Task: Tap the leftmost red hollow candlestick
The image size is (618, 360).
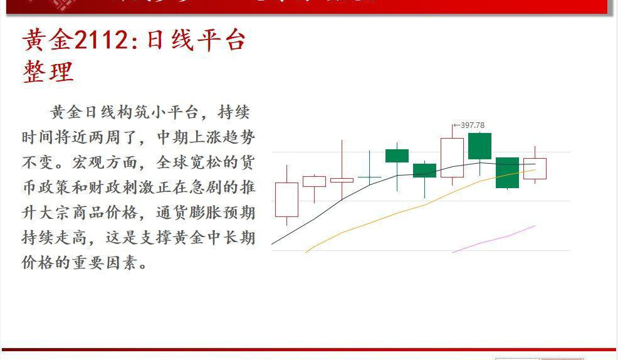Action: click(286, 199)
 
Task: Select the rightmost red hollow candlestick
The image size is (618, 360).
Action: click(535, 168)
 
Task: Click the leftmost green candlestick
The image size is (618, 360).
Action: click(397, 156)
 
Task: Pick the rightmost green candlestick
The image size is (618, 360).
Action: click(507, 172)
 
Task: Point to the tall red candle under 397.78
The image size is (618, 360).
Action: click(452, 157)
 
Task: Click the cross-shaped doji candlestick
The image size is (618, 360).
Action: click(369, 177)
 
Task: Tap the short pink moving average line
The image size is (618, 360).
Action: click(495, 239)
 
